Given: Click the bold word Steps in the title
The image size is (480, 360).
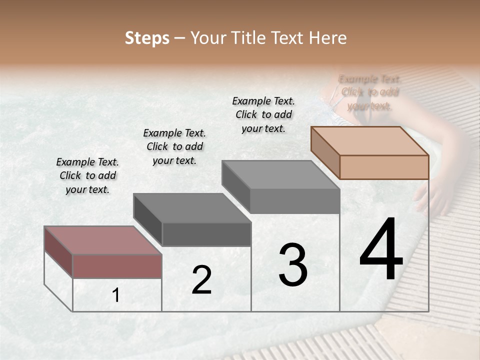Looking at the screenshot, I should click(x=147, y=38).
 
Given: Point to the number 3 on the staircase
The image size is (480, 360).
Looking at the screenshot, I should click(x=292, y=265).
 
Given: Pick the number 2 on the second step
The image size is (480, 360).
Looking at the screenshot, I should click(x=201, y=280).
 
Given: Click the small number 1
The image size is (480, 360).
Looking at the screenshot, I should click(x=116, y=295).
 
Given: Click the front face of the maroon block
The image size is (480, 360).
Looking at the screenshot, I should click(x=117, y=266).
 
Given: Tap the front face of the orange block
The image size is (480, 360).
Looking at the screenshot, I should click(x=384, y=167).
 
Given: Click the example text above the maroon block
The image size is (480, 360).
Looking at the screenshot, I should click(x=87, y=175).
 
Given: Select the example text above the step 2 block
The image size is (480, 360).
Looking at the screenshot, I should click(x=174, y=146).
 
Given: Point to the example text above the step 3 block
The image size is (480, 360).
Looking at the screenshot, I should click(x=263, y=114).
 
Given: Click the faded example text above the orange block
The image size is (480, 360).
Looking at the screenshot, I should click(x=370, y=92).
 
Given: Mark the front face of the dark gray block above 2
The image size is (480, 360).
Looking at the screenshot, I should click(x=206, y=234).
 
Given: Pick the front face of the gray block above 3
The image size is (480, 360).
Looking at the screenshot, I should click(x=294, y=201).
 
